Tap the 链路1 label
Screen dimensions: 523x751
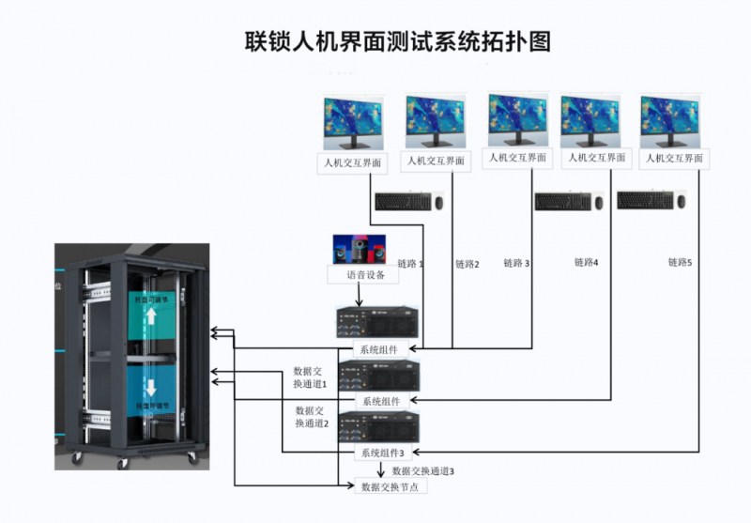(x=411, y=264)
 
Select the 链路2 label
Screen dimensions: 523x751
(x=467, y=264)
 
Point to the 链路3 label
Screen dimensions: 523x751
(x=516, y=263)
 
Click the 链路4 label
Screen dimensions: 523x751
(x=584, y=262)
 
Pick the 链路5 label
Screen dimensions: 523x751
(x=680, y=262)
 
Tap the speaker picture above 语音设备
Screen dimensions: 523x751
(x=355, y=250)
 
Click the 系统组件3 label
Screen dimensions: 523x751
(x=378, y=454)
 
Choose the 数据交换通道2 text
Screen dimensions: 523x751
(x=311, y=417)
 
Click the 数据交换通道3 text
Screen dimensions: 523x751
(x=423, y=469)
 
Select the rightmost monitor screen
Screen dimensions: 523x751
(x=670, y=119)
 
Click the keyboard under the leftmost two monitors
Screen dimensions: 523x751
(x=403, y=201)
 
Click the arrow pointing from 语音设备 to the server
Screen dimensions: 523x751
(x=357, y=295)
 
